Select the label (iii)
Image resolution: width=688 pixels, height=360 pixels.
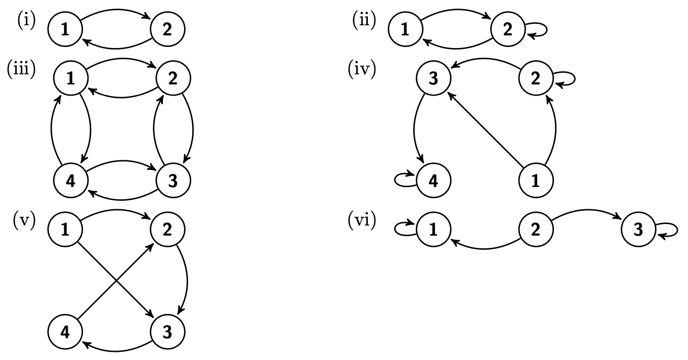point(21,69)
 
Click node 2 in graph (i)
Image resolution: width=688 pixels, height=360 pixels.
point(167,30)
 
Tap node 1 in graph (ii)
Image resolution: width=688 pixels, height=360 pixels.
point(405,30)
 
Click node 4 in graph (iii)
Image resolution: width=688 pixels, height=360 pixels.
point(71,181)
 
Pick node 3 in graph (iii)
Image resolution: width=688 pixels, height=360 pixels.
point(173,181)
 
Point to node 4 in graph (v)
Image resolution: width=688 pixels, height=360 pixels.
point(65,333)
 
